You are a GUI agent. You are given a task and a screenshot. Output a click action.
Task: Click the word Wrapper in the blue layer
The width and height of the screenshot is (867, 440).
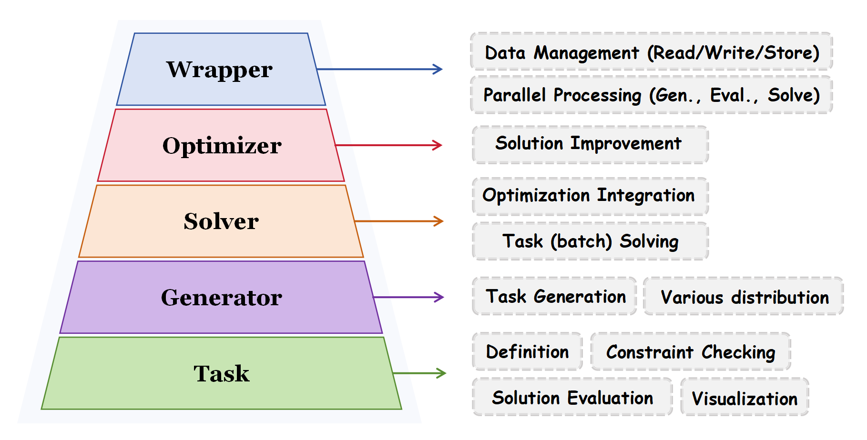pyautogui.click(x=219, y=70)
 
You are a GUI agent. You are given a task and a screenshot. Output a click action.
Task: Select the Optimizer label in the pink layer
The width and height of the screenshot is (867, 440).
pyautogui.click(x=222, y=145)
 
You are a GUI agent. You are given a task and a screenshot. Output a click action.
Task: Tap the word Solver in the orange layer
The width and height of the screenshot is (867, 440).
pyautogui.click(x=221, y=221)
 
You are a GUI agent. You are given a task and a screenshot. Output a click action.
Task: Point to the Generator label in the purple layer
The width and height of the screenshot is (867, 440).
pyautogui.click(x=221, y=298)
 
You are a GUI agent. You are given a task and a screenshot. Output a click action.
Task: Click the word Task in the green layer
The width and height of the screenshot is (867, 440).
pyautogui.click(x=221, y=373)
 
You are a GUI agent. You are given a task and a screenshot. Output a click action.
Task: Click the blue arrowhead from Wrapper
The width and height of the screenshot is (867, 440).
pyautogui.click(x=438, y=70)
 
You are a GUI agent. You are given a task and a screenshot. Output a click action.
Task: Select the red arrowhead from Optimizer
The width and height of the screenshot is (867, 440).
pyautogui.click(x=438, y=145)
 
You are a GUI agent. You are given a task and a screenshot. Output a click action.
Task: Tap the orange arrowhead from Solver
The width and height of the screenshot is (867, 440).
pyautogui.click(x=439, y=221)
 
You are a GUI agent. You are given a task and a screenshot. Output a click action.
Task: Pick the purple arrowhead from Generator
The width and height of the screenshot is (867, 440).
pyautogui.click(x=439, y=297)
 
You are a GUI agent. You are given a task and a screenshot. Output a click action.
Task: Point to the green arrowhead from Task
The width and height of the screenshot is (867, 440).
pyautogui.click(x=441, y=373)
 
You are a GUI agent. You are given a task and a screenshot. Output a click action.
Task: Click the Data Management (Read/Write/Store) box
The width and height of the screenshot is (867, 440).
pyautogui.click(x=651, y=52)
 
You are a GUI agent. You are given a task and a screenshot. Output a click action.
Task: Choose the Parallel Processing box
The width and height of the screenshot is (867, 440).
pyautogui.click(x=651, y=95)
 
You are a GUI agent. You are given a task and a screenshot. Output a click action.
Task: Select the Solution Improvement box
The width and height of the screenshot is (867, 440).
pyautogui.click(x=590, y=144)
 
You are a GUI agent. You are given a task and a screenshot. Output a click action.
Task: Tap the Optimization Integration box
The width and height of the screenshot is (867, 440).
pyautogui.click(x=590, y=196)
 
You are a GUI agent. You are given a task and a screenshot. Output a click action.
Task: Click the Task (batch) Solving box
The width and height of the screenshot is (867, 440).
pyautogui.click(x=590, y=241)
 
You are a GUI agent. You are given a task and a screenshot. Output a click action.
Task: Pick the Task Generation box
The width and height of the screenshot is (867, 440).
pyautogui.click(x=555, y=296)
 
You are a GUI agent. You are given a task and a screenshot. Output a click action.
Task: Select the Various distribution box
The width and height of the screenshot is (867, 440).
pyautogui.click(x=744, y=297)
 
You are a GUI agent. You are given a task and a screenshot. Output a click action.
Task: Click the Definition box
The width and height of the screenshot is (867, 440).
pyautogui.click(x=527, y=351)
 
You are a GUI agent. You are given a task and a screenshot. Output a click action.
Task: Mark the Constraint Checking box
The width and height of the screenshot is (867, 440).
pyautogui.click(x=691, y=352)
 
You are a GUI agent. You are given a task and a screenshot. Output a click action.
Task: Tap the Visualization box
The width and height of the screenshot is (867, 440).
pyautogui.click(x=745, y=398)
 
